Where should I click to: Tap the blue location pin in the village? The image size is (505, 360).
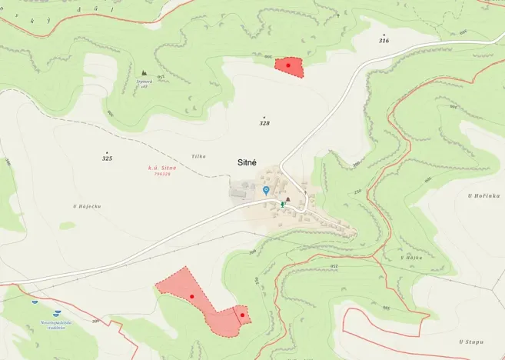click(x=266, y=190)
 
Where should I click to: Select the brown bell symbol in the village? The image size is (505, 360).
click(x=287, y=200)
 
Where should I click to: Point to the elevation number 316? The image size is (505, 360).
click(x=384, y=40)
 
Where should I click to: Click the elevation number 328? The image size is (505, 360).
click(x=264, y=123)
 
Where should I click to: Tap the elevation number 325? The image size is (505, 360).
click(x=107, y=158)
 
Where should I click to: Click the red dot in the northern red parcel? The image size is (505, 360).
click(x=287, y=66)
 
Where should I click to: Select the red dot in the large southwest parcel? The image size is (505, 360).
click(x=191, y=296)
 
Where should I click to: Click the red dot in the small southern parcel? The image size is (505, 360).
click(x=241, y=315)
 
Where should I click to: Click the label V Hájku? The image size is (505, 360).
click(x=411, y=257)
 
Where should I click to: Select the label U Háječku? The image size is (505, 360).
click(x=87, y=206)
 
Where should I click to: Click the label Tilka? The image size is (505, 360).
click(x=199, y=156)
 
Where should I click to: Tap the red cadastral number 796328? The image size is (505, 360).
click(x=162, y=174)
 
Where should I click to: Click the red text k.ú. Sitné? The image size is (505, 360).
click(x=162, y=167)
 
